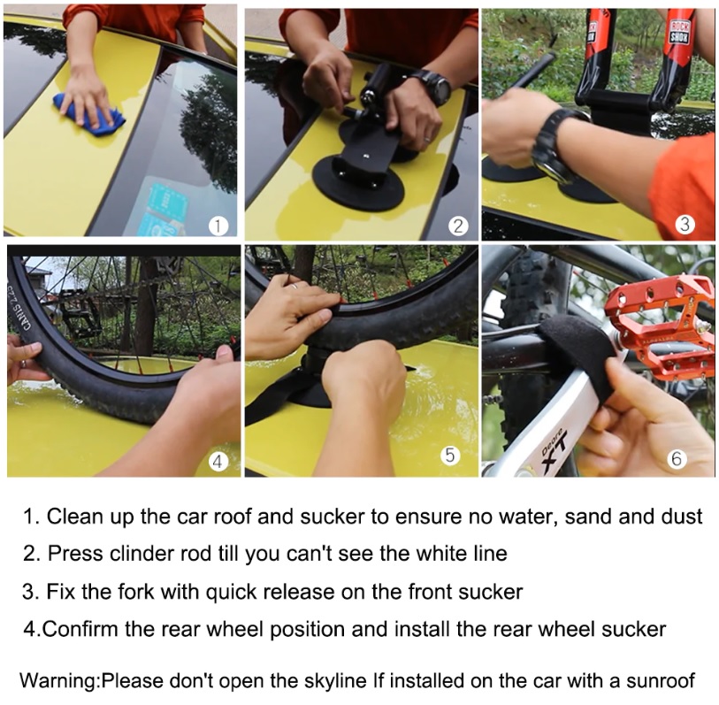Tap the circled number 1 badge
coord(218,226)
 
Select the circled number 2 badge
coord(458,226)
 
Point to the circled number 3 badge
coord(685,225)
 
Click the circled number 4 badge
coord(218,461)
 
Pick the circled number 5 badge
coord(450,455)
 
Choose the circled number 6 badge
coord(677,459)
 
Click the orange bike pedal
coord(660,326)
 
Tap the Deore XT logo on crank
coord(554,450)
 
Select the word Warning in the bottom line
coord(59,680)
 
